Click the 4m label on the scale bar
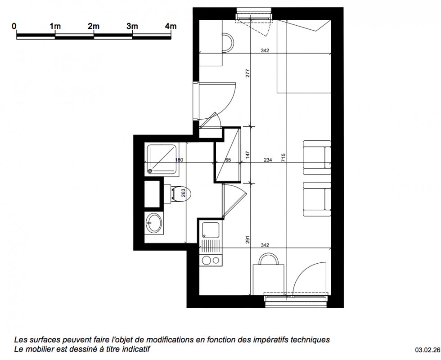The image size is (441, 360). coord(171,27)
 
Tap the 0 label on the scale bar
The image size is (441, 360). coord(14,27)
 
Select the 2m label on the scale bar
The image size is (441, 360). coord(94,27)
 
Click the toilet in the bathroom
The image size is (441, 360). coord(177,194)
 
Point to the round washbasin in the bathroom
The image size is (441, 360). coord(153,222)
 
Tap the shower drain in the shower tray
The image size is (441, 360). coord(150,171)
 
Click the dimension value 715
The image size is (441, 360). coord(283,157)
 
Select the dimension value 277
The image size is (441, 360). coord(247,73)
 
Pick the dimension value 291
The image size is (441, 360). coord(247,239)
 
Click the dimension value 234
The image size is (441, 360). coord(268,160)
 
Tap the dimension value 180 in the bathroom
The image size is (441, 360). coord(179,160)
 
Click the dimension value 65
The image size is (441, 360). coord(228,160)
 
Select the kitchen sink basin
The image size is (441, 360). coord(211,230)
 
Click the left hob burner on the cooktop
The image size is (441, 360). coord(206,261)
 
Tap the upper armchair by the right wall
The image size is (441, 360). coord(317,157)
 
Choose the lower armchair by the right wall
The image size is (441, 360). coord(317,199)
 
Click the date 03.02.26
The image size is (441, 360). coord(427,350)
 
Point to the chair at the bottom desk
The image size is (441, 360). coord(269,259)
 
